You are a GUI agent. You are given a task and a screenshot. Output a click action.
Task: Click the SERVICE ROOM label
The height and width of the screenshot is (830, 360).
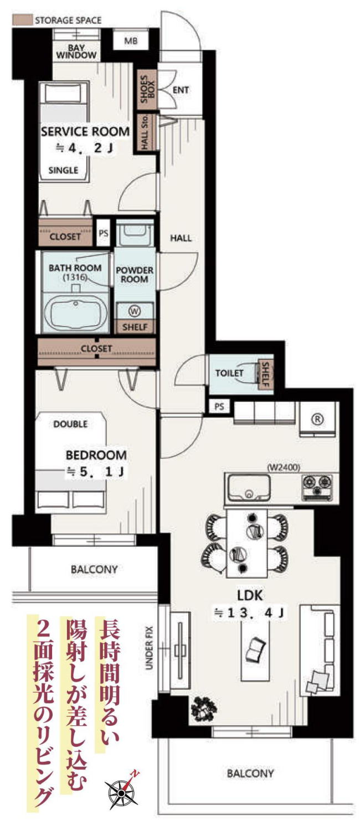click(85, 132)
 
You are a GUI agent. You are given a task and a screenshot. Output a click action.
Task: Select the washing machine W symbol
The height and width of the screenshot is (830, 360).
click(135, 311)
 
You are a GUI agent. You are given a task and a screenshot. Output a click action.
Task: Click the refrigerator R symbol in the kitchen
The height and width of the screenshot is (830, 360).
click(318, 419)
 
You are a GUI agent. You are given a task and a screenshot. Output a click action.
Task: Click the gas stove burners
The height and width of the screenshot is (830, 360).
click(317, 486)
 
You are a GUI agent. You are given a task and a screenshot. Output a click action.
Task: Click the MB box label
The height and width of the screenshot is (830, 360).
click(131, 41)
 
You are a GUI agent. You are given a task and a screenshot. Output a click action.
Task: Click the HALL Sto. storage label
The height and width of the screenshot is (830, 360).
click(145, 132)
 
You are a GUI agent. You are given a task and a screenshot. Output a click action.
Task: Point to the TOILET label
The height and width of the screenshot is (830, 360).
click(230, 373)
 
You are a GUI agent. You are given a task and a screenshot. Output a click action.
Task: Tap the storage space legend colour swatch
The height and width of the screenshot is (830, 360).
click(22, 20)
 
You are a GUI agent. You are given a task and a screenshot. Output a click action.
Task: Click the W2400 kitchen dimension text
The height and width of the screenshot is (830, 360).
click(284, 467)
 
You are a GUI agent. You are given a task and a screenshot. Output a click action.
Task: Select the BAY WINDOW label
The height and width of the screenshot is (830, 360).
click(76, 51)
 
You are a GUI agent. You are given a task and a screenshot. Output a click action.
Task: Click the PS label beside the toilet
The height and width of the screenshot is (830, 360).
click(219, 406)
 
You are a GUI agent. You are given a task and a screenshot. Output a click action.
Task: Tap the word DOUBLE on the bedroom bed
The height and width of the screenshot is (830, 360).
click(70, 424)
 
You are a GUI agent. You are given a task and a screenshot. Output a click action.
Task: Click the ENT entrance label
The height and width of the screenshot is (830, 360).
click(181, 90)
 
